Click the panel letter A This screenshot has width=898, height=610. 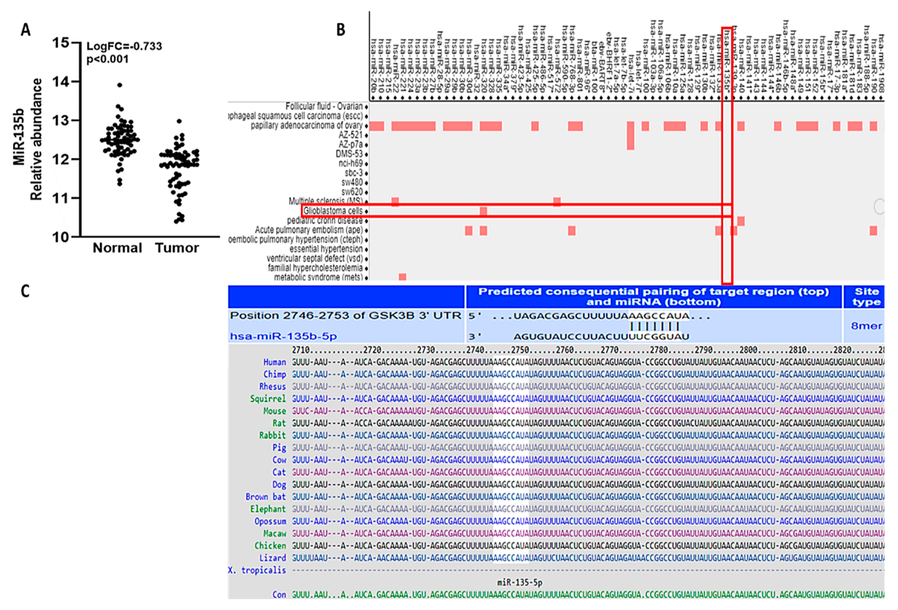(25, 30)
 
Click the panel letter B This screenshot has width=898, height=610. (340, 30)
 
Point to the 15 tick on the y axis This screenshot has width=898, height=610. (61, 43)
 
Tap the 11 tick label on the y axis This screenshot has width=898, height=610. (61, 198)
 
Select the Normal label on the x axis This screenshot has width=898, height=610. (117, 248)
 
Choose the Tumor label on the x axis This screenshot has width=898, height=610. (177, 248)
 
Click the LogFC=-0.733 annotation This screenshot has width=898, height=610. (124, 46)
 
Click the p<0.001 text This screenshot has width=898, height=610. (107, 59)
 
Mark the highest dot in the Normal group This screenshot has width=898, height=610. (120, 85)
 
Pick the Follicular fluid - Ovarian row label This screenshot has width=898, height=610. (324, 106)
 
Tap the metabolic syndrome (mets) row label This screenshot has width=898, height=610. (318, 277)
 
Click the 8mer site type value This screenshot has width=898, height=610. (866, 326)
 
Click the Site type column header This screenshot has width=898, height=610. (866, 296)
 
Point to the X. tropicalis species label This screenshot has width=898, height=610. (257, 570)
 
